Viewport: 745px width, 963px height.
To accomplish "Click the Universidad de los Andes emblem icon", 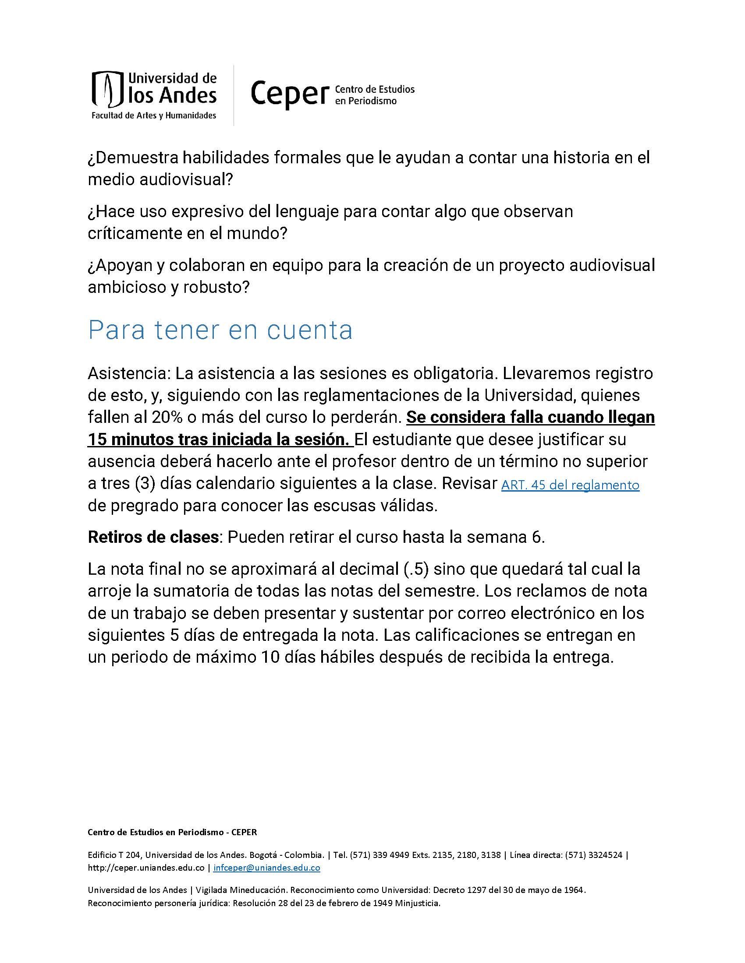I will point(106,89).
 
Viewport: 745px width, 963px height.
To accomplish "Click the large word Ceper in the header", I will point(290,94).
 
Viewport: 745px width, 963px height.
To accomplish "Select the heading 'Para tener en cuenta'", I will point(220,330).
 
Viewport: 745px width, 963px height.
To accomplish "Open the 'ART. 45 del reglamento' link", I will point(570,485).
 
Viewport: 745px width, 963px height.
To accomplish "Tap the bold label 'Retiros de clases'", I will point(153,538).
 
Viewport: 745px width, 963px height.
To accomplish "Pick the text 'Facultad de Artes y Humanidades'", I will point(153,116).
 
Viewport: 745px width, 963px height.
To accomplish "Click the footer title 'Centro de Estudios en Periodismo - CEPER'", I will point(172,833).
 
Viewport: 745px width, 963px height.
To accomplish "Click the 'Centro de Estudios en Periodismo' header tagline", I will point(375,95).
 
